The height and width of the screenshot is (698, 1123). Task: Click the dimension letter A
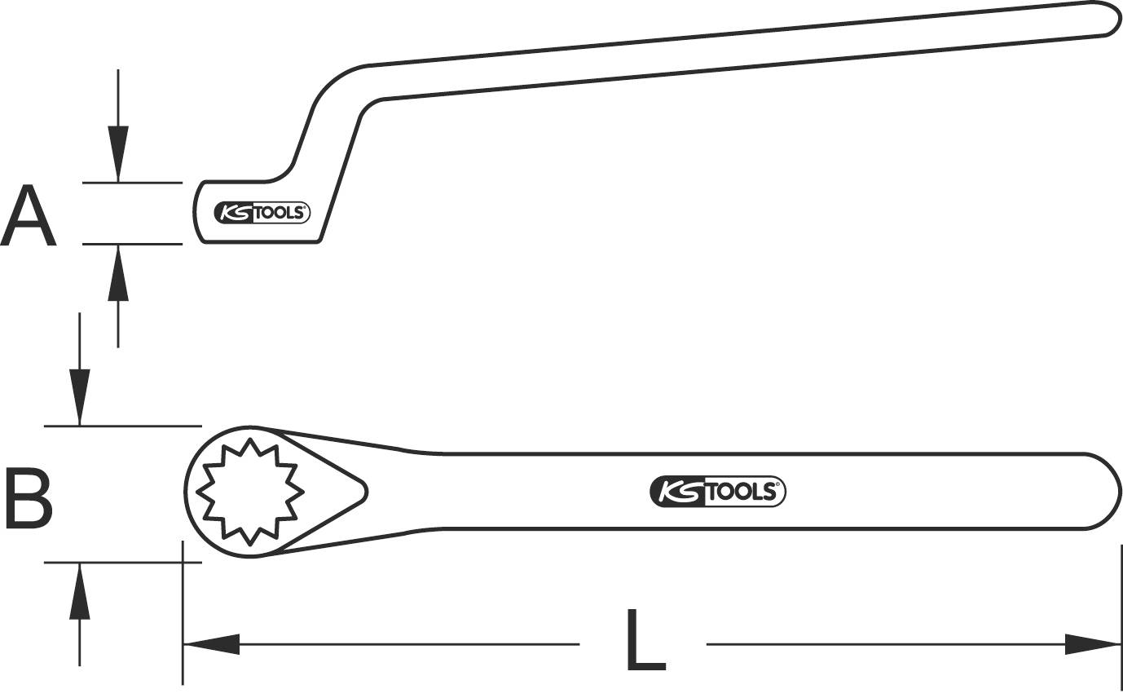click(x=29, y=215)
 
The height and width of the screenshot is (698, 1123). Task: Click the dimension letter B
click(x=29, y=497)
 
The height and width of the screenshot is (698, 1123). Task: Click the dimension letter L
click(x=645, y=640)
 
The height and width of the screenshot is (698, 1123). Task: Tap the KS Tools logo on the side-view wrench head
click(x=262, y=212)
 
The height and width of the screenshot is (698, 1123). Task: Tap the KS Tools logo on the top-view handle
click(x=718, y=491)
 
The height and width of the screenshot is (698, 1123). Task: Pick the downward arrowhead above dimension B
click(x=79, y=396)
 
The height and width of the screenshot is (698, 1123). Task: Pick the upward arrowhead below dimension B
click(x=79, y=592)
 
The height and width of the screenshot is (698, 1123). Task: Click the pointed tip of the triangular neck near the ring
click(x=364, y=489)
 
